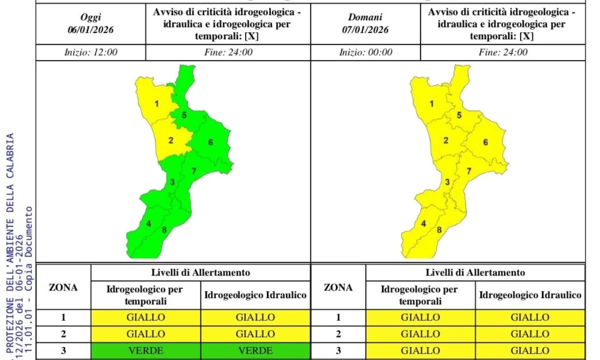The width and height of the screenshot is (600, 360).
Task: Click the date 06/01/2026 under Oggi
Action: (x=90, y=29)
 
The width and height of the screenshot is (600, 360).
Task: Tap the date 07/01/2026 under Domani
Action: (x=365, y=29)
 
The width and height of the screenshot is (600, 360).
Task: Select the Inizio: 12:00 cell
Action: (x=90, y=52)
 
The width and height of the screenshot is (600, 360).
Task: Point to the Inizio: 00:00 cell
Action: (x=365, y=52)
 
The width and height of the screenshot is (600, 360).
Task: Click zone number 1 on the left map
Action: (x=156, y=104)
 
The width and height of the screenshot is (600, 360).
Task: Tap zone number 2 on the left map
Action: (x=170, y=140)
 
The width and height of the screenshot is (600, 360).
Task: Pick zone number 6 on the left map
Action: (x=210, y=142)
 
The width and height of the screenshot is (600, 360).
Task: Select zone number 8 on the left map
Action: (x=164, y=230)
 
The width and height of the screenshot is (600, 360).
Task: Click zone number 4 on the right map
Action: (x=423, y=223)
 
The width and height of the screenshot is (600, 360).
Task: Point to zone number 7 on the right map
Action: (x=468, y=171)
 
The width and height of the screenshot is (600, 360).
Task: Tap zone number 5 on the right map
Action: (x=459, y=115)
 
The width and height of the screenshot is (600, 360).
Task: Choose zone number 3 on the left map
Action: (x=172, y=182)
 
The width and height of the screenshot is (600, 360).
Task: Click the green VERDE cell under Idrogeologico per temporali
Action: (x=146, y=350)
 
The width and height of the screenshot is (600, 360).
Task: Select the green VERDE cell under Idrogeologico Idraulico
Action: (x=255, y=350)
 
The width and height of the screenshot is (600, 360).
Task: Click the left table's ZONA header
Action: (x=63, y=287)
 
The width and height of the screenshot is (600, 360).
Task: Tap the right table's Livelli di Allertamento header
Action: (x=475, y=272)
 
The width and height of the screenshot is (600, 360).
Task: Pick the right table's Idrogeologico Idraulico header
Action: (x=530, y=295)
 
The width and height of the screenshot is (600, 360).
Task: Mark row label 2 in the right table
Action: (x=338, y=334)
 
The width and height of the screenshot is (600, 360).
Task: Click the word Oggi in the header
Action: (x=90, y=17)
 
